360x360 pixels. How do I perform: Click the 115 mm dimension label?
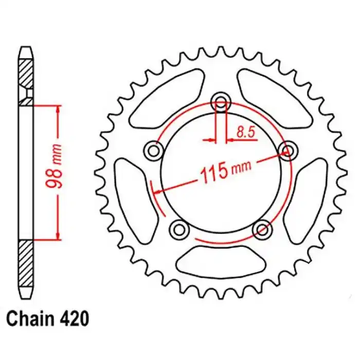(x=226, y=171)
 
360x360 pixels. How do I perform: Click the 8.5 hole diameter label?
(x=246, y=132)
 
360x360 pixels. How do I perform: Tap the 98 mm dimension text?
(x=54, y=166)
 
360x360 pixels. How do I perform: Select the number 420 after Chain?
(x=74, y=318)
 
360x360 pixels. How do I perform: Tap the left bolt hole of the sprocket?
(x=153, y=151)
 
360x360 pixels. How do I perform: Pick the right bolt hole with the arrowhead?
(x=288, y=151)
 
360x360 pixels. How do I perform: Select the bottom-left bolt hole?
(x=179, y=229)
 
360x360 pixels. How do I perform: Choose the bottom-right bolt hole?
(x=262, y=229)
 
